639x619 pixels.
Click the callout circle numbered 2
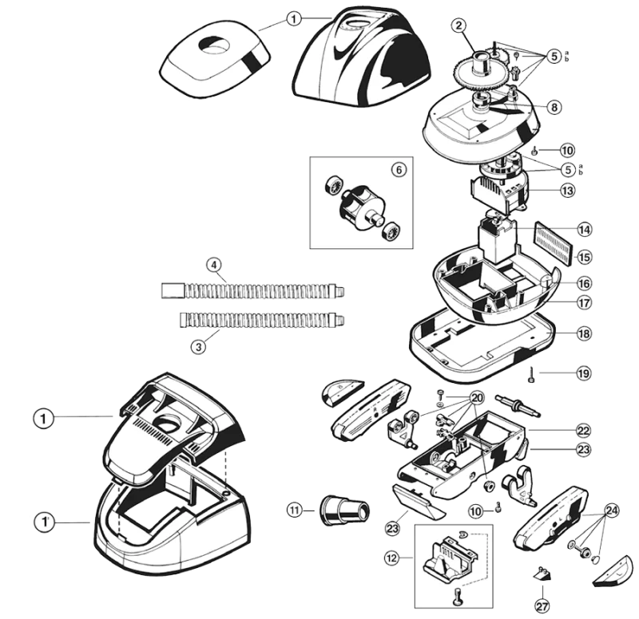tap(458, 26)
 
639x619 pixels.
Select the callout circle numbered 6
tap(397, 169)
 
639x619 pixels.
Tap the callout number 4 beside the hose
tap(213, 265)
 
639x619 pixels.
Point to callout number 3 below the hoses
tap(196, 346)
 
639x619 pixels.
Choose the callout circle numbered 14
tap(585, 230)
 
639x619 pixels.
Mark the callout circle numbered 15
tap(585, 257)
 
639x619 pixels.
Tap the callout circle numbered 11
tap(296, 510)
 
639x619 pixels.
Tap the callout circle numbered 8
tap(554, 106)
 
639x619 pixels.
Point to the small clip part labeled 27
tap(543, 571)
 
